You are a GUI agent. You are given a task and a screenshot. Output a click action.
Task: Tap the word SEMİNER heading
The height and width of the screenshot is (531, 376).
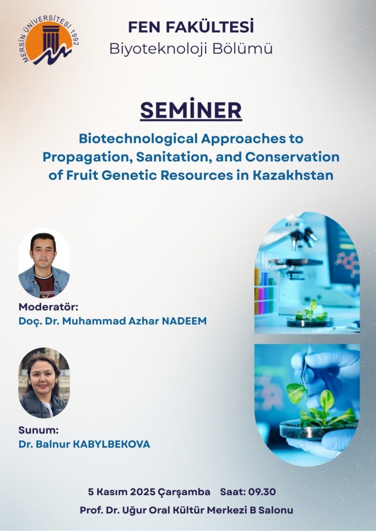point(191,110)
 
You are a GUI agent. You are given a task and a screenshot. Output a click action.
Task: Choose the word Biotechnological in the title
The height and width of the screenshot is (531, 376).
point(138,138)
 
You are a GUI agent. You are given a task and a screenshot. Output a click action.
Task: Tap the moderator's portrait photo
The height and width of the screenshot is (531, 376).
point(44,263)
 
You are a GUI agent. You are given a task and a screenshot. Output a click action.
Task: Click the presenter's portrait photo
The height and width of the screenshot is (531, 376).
point(44,383)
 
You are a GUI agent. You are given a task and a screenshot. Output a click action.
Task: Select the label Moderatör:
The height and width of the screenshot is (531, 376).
point(48,307)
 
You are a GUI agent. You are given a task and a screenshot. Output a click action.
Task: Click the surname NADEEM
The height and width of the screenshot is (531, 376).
point(184,320)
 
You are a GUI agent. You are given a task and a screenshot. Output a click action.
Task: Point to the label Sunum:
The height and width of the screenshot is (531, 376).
point(38,430)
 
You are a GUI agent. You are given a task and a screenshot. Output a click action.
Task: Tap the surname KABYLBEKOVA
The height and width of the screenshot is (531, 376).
point(112,444)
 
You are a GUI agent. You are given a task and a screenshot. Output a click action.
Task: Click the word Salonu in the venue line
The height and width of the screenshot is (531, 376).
point(276,510)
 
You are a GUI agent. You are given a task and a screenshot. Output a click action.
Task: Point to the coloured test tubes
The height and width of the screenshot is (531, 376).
point(264,291)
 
